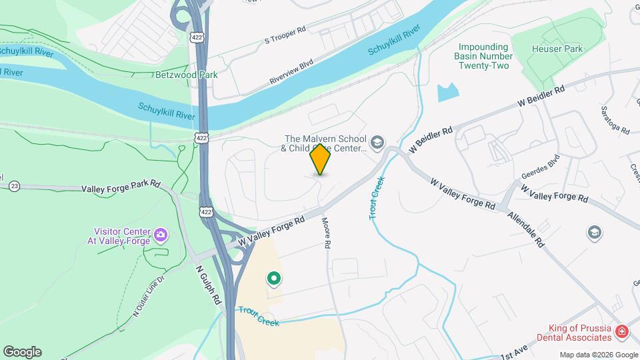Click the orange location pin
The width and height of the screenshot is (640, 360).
click(x=320, y=159)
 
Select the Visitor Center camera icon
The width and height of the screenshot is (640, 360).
click(x=160, y=235)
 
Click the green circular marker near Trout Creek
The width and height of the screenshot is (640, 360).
click(x=273, y=279)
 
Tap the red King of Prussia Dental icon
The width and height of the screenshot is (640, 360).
click(x=621, y=331)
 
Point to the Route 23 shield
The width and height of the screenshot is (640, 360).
click(x=14, y=186)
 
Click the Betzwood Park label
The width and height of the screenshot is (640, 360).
click(x=186, y=75)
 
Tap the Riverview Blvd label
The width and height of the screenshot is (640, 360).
click(x=291, y=73)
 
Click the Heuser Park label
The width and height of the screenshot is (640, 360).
click(x=557, y=49)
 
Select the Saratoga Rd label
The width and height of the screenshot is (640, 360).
click(x=615, y=120)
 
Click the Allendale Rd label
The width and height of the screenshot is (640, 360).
click(x=525, y=230)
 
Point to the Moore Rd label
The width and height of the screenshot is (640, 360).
click(x=327, y=233)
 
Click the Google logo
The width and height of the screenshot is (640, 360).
click(x=22, y=352)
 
